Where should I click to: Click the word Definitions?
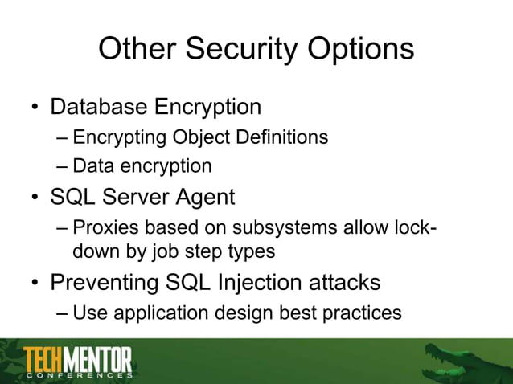point(281,137)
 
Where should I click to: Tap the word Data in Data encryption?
point(90,166)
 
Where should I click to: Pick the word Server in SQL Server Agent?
point(128,196)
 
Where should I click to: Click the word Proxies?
point(102,227)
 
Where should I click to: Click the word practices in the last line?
point(361,313)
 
